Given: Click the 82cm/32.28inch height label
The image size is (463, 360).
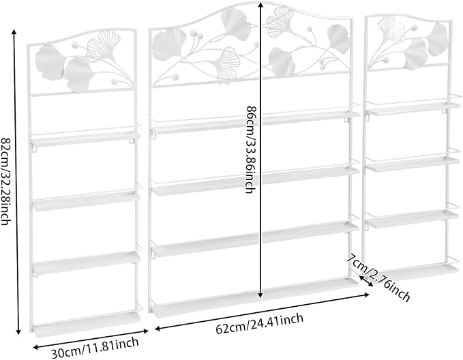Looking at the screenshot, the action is (5, 181).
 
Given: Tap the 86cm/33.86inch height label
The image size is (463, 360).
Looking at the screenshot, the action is (250, 150).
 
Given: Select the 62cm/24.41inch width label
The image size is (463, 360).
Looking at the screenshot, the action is (260, 324).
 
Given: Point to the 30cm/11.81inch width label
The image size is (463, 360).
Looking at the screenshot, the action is (95, 348).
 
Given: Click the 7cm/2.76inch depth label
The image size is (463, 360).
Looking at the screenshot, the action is (378, 277).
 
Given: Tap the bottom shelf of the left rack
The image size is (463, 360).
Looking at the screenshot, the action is (87, 324).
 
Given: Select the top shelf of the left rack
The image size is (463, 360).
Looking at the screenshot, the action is (86, 138).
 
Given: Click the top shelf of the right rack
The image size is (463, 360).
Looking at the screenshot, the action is (413, 108).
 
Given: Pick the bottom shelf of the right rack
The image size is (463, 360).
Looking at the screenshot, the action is (417, 271).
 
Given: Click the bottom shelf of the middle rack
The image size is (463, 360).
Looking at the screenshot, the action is (254, 298).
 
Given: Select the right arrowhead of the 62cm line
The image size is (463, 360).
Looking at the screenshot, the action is (366, 294).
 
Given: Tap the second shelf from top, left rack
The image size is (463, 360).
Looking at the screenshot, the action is (86, 201).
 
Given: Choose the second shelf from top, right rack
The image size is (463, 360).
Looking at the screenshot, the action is (413, 164).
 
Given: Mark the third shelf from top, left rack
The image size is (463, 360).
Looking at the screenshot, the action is (86, 262).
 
